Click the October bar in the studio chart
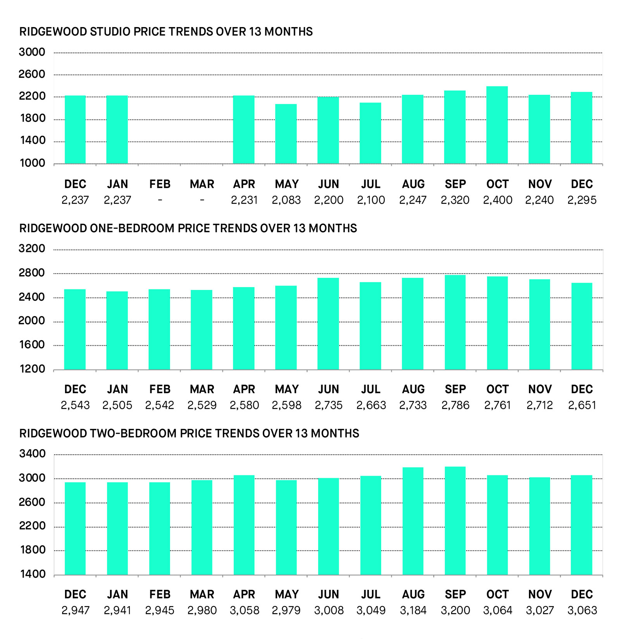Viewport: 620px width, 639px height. click(x=497, y=125)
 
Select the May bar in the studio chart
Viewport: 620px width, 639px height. click(x=286, y=134)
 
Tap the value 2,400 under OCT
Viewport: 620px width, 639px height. click(x=498, y=200)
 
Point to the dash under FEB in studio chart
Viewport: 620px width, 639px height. click(x=160, y=200)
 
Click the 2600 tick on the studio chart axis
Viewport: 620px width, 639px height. click(x=32, y=74)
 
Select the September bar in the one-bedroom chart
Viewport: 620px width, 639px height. click(x=455, y=322)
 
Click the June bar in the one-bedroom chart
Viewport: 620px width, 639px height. click(x=328, y=324)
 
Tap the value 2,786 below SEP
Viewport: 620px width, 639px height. click(x=455, y=405)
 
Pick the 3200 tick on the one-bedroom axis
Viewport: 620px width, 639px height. click(x=32, y=248)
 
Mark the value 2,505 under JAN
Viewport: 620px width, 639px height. click(x=117, y=405)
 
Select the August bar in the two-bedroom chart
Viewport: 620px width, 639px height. click(x=413, y=521)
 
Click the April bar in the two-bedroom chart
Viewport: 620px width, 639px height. click(x=244, y=525)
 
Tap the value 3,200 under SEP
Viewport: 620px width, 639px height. click(x=455, y=610)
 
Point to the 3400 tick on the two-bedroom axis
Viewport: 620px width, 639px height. click(x=32, y=454)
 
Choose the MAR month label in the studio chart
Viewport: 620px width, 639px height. click(x=202, y=184)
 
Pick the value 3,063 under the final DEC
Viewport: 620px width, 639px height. click(x=582, y=610)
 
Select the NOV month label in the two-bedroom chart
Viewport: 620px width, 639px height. click(x=540, y=594)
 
